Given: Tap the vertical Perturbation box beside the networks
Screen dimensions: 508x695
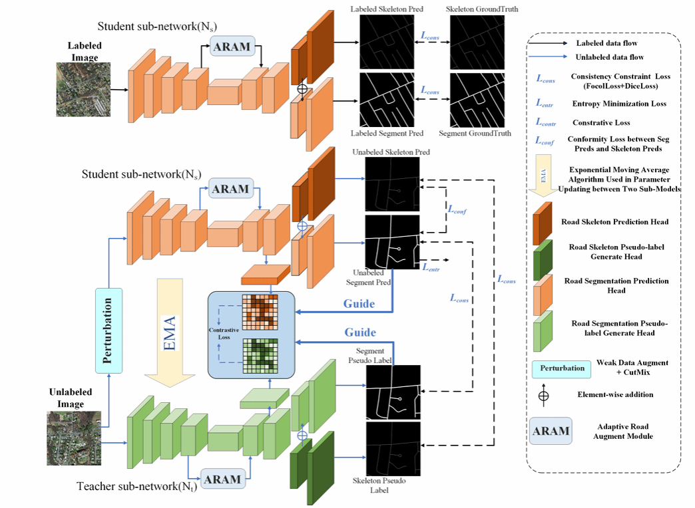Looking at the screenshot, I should coord(109,330).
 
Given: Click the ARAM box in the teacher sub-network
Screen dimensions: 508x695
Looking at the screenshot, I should coord(222,479).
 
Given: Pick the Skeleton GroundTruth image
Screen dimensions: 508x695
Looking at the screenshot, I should coord(478,41).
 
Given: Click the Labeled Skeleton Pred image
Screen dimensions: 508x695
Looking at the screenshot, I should coord(387,41).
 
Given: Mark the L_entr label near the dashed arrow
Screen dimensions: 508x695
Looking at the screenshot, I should coord(431,267).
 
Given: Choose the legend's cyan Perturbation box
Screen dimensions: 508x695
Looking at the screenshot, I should coord(562,368).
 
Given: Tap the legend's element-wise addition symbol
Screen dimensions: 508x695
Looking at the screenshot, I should coord(543,396).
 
